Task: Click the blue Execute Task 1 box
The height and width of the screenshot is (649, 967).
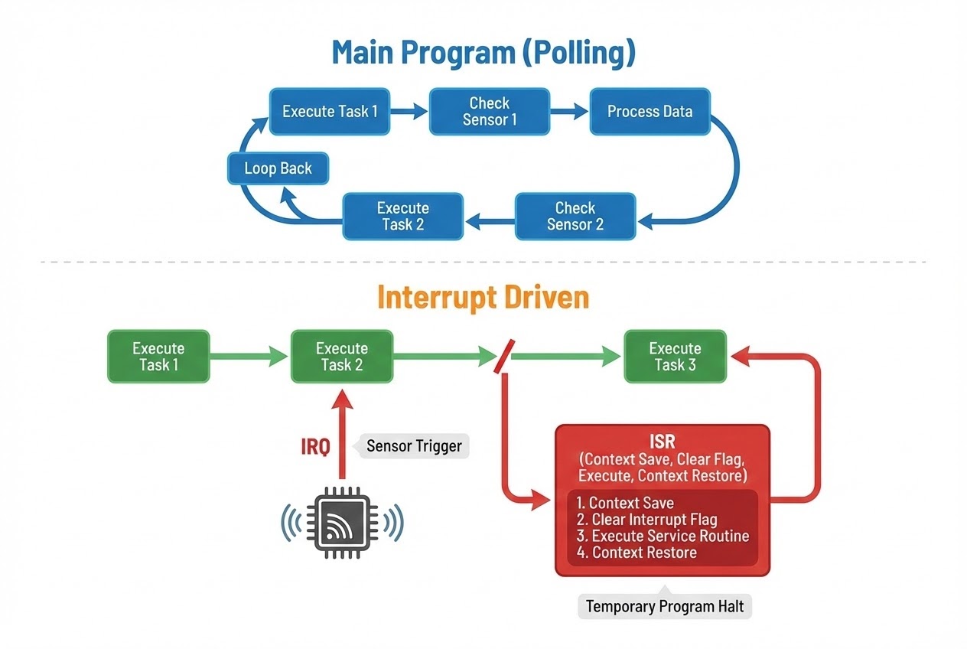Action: (x=330, y=112)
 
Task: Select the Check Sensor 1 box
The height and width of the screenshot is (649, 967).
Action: (x=490, y=112)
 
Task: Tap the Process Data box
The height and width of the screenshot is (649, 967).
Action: (x=650, y=112)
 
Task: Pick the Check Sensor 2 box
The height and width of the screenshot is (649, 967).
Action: (x=575, y=217)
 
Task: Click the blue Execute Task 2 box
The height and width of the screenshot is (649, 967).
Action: (x=402, y=217)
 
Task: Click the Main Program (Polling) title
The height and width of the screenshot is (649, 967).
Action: (x=483, y=54)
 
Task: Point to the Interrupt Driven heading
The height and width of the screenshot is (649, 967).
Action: (x=483, y=298)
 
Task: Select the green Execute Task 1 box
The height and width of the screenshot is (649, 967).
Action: (x=158, y=357)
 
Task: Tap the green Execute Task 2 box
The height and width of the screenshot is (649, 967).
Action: (x=342, y=357)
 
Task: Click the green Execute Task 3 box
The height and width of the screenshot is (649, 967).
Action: (x=675, y=357)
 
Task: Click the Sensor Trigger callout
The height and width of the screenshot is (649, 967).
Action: (x=414, y=446)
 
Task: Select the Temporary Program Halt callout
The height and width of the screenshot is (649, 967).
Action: (x=664, y=607)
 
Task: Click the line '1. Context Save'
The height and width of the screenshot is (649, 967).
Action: (x=625, y=503)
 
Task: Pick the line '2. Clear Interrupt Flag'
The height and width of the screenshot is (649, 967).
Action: (x=646, y=520)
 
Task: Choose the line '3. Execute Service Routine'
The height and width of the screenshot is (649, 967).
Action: (x=663, y=536)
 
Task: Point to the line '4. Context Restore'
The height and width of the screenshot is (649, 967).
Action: (x=637, y=553)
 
